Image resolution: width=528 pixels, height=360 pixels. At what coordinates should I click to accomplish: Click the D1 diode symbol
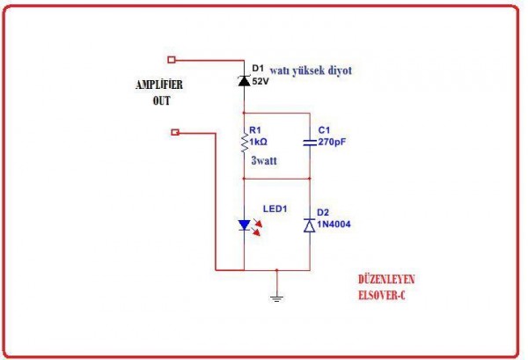(243, 81)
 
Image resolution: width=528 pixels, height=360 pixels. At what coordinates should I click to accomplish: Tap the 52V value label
(261, 81)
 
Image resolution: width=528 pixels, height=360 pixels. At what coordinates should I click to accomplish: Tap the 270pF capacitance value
(333, 141)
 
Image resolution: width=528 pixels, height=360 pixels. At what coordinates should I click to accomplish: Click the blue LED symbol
(244, 225)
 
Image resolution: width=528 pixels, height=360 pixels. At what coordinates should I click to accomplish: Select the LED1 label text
(276, 209)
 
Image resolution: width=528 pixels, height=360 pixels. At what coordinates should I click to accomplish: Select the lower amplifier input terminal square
(175, 133)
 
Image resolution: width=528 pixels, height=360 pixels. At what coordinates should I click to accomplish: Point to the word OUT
(159, 100)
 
